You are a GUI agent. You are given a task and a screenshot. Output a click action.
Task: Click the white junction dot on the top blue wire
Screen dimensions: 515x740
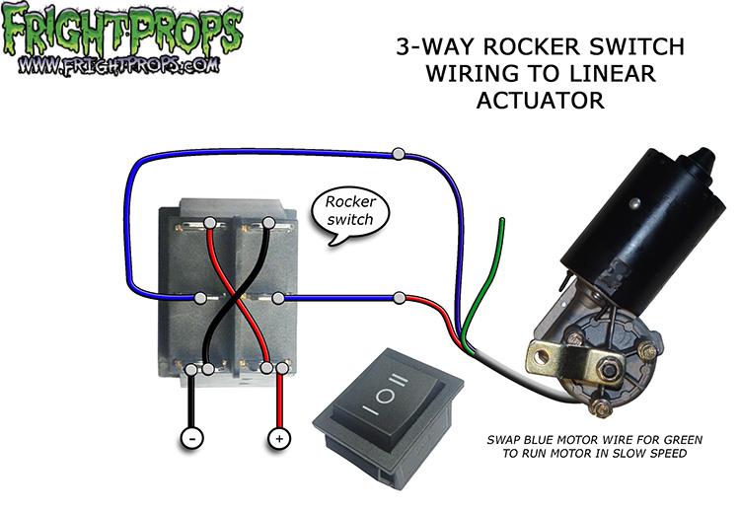[398, 153]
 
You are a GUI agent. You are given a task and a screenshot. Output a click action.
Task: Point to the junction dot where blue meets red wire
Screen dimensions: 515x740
[398, 297]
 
